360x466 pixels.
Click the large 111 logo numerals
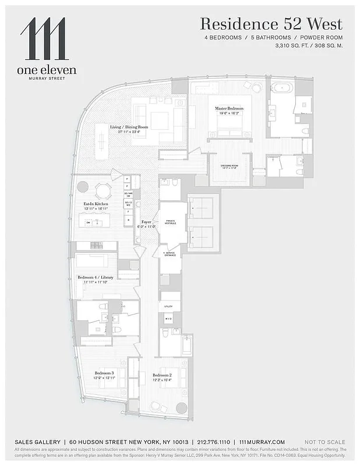[x=44, y=39]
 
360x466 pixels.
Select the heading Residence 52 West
[x=271, y=24]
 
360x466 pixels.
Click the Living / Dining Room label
[x=129, y=127]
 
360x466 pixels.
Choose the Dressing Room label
[x=229, y=167]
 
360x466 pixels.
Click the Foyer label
[x=146, y=221]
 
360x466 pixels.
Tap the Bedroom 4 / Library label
[x=96, y=277]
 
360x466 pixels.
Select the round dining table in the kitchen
[x=103, y=190]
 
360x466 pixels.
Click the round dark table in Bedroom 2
[x=182, y=408]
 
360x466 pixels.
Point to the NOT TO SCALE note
[x=324, y=442]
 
